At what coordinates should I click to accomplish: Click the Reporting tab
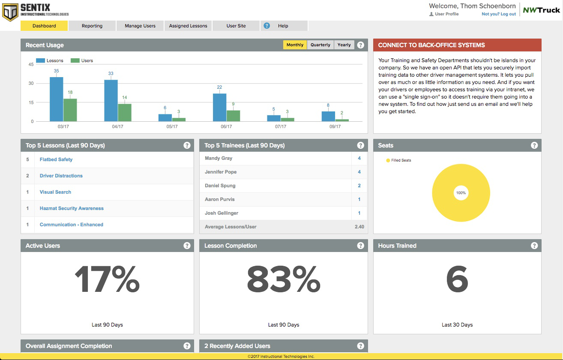pos(92,26)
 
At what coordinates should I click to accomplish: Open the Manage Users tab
pos(140,26)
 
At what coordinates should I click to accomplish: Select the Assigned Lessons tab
pos(188,26)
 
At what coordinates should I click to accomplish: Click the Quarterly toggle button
pos(320,45)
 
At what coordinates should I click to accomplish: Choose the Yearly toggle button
pos(344,45)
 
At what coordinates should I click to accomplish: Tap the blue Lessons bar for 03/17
pos(57,99)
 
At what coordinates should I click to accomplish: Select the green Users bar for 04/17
pos(125,112)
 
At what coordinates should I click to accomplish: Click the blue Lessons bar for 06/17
pos(220,107)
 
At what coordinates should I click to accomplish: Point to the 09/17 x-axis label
pos(335,126)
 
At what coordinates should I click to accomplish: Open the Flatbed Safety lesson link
pos(56,159)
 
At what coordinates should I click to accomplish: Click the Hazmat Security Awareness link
pos(72,208)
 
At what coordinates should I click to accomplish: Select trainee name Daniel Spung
pos(220,186)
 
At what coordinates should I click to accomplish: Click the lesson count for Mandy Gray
pos(359,158)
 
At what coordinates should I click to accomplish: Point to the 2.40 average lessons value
pos(359,227)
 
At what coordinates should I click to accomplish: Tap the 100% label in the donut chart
pos(461,193)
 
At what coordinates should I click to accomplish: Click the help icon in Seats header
pos(534,145)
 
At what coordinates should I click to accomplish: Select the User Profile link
pos(446,14)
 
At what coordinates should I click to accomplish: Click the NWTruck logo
pos(541,10)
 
